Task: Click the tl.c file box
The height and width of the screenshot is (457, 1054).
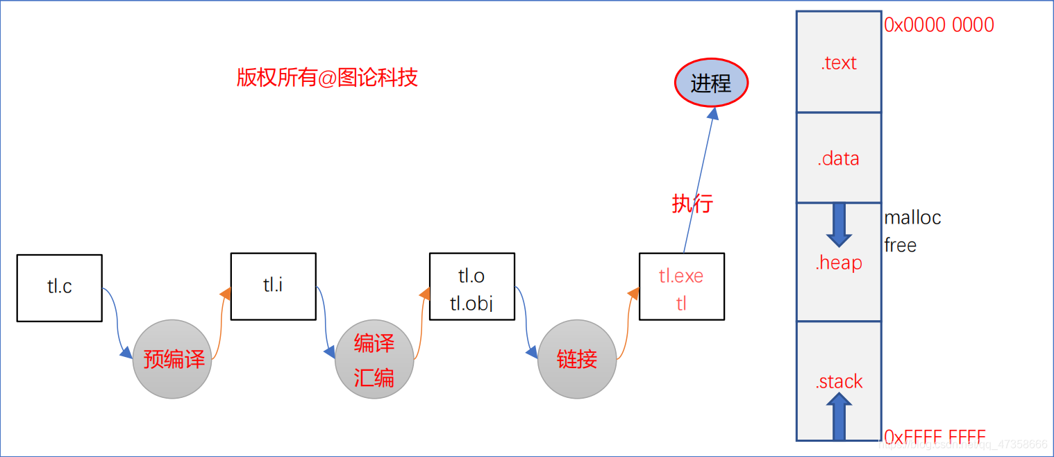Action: pos(60,288)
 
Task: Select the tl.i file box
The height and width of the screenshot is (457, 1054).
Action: pos(273,286)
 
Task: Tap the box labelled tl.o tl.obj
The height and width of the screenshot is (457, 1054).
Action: pos(472,286)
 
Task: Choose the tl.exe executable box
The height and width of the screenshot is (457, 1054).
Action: pos(681,286)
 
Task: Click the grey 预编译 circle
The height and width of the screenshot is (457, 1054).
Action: pos(172,359)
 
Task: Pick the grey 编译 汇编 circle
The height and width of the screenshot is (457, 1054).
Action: pos(374,360)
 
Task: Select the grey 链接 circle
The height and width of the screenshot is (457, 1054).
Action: pos(577,359)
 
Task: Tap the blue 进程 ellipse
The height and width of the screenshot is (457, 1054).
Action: pos(711,83)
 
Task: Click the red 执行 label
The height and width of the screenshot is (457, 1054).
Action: pos(692,204)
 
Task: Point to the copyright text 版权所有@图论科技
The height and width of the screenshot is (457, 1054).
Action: pos(327,77)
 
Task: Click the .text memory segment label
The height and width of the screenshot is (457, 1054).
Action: pos(839,63)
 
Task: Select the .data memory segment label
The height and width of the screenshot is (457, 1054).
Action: pos(839,159)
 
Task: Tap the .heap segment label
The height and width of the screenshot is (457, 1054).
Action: pos(839,263)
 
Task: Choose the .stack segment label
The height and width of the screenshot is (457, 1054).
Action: pos(839,381)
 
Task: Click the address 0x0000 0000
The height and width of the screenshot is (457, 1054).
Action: pos(939,25)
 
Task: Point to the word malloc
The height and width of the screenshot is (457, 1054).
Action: pos(912,217)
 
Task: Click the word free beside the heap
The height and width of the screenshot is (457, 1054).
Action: pos(900,245)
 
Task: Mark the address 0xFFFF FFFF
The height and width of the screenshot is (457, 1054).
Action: pos(935,437)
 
